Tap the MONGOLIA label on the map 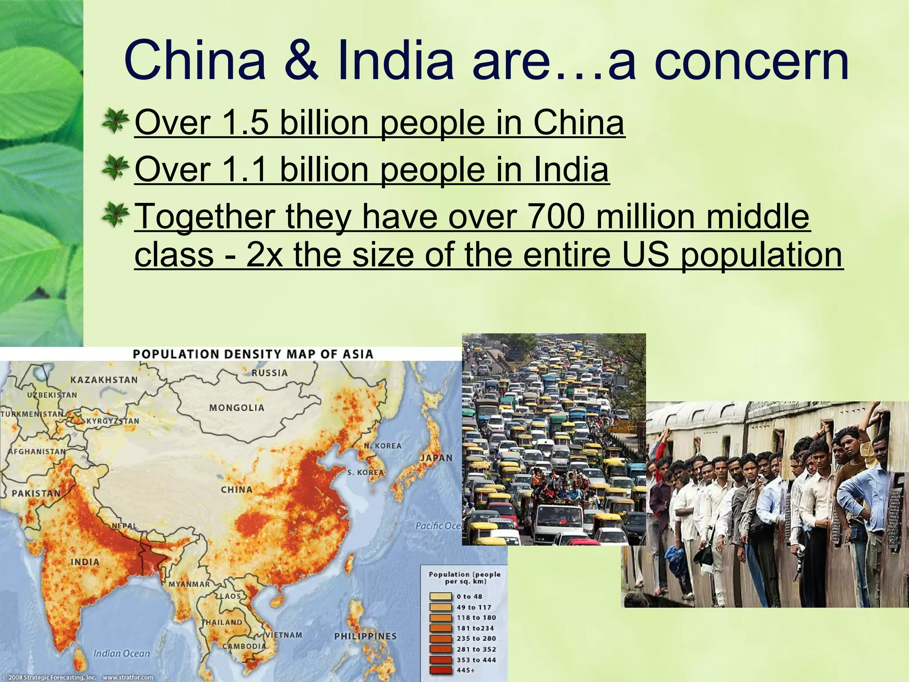tap(237, 408)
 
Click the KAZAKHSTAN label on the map tap(104, 380)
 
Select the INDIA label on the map tap(85, 562)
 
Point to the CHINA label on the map tap(237, 490)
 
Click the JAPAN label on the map tap(437, 458)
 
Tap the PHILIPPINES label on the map tap(365, 636)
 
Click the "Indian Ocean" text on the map tap(122, 653)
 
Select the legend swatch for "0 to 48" tap(441, 597)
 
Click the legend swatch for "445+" tap(441, 670)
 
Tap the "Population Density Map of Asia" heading tap(253, 354)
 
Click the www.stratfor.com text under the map tap(128, 678)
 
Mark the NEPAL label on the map tap(124, 526)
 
